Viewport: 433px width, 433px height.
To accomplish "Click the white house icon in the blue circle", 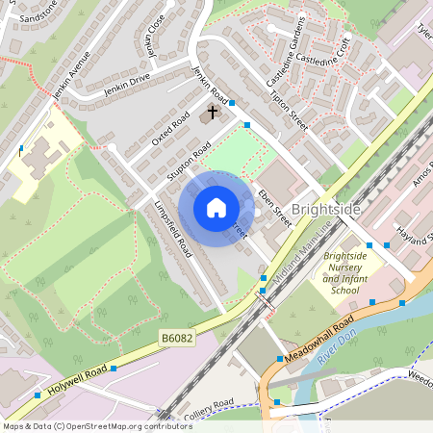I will (216, 207).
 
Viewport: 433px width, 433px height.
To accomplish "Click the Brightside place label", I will (326, 209).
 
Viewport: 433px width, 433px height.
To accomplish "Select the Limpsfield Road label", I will (171, 229).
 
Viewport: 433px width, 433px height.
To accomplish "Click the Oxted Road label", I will (169, 135).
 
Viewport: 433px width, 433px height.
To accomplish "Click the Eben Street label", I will (275, 206).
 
